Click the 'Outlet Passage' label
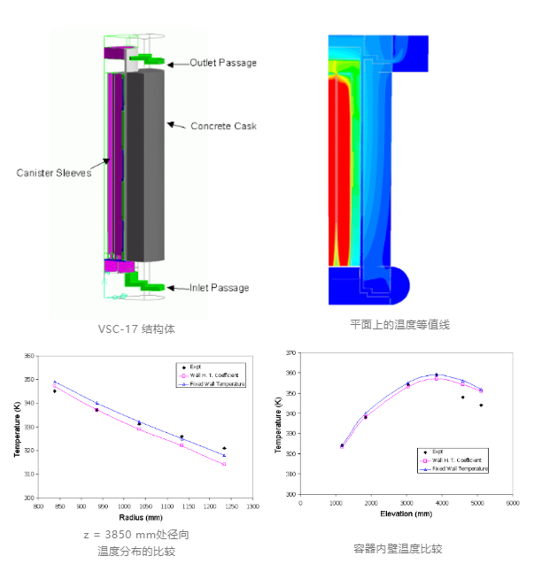(x=223, y=63)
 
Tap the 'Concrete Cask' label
(x=223, y=126)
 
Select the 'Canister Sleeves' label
(x=54, y=173)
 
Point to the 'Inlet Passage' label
(x=219, y=288)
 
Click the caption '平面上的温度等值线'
(x=399, y=325)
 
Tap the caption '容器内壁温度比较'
(x=399, y=547)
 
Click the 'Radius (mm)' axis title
(x=145, y=516)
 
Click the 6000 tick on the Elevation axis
(x=512, y=503)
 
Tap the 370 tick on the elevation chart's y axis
(x=290, y=352)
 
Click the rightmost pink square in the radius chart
(x=224, y=464)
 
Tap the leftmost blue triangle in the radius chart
(x=55, y=382)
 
